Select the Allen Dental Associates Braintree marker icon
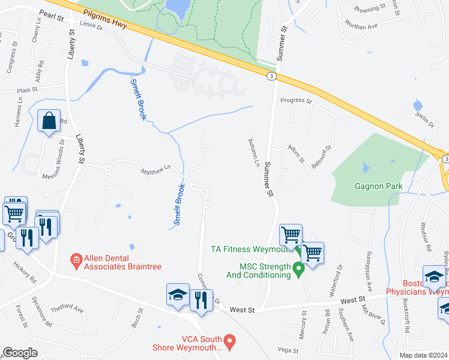tap(76, 260)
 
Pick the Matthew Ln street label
tap(155, 172)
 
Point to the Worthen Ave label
tap(361, 26)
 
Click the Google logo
tap(20, 353)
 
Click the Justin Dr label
tap(425, 119)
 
